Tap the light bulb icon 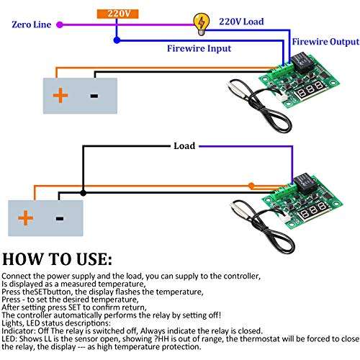tap(196, 23)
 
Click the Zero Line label tap(31, 24)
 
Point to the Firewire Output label tap(323, 42)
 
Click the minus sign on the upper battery tap(93, 95)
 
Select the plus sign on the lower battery tap(26, 217)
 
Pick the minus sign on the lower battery tap(60, 217)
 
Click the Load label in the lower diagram tap(184, 145)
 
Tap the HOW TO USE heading tap(57, 258)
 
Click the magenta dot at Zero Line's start tap(60, 24)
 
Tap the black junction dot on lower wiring tap(84, 192)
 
